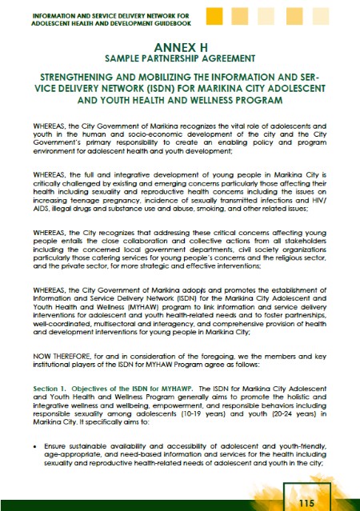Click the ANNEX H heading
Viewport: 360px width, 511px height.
[180, 47]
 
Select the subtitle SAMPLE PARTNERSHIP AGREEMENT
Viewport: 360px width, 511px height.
[180, 60]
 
